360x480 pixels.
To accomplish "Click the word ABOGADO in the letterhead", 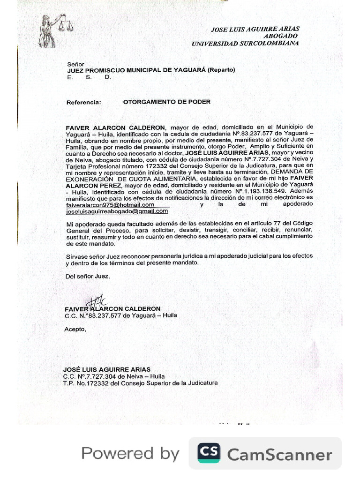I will [280, 36].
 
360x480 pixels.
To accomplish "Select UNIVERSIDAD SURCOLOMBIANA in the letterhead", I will [245, 43].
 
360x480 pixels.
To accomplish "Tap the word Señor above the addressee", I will [75, 64].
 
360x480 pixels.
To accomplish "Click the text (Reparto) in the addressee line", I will [221, 70].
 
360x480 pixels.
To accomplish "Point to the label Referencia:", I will [83, 102].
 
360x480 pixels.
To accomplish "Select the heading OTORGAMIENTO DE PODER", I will [166, 102].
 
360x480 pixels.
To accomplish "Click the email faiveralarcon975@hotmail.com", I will [110, 205].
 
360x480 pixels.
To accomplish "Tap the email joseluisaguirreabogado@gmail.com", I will [117, 211].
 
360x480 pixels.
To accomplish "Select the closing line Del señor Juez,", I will [88, 276].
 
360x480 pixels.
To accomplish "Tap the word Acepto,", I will [75, 329].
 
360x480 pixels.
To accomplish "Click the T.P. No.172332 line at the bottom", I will [140, 383].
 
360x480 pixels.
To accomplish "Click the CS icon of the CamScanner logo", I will [209, 453].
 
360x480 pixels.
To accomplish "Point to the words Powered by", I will [130, 453].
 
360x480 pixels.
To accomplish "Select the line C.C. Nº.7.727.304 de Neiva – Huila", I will [114, 376].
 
